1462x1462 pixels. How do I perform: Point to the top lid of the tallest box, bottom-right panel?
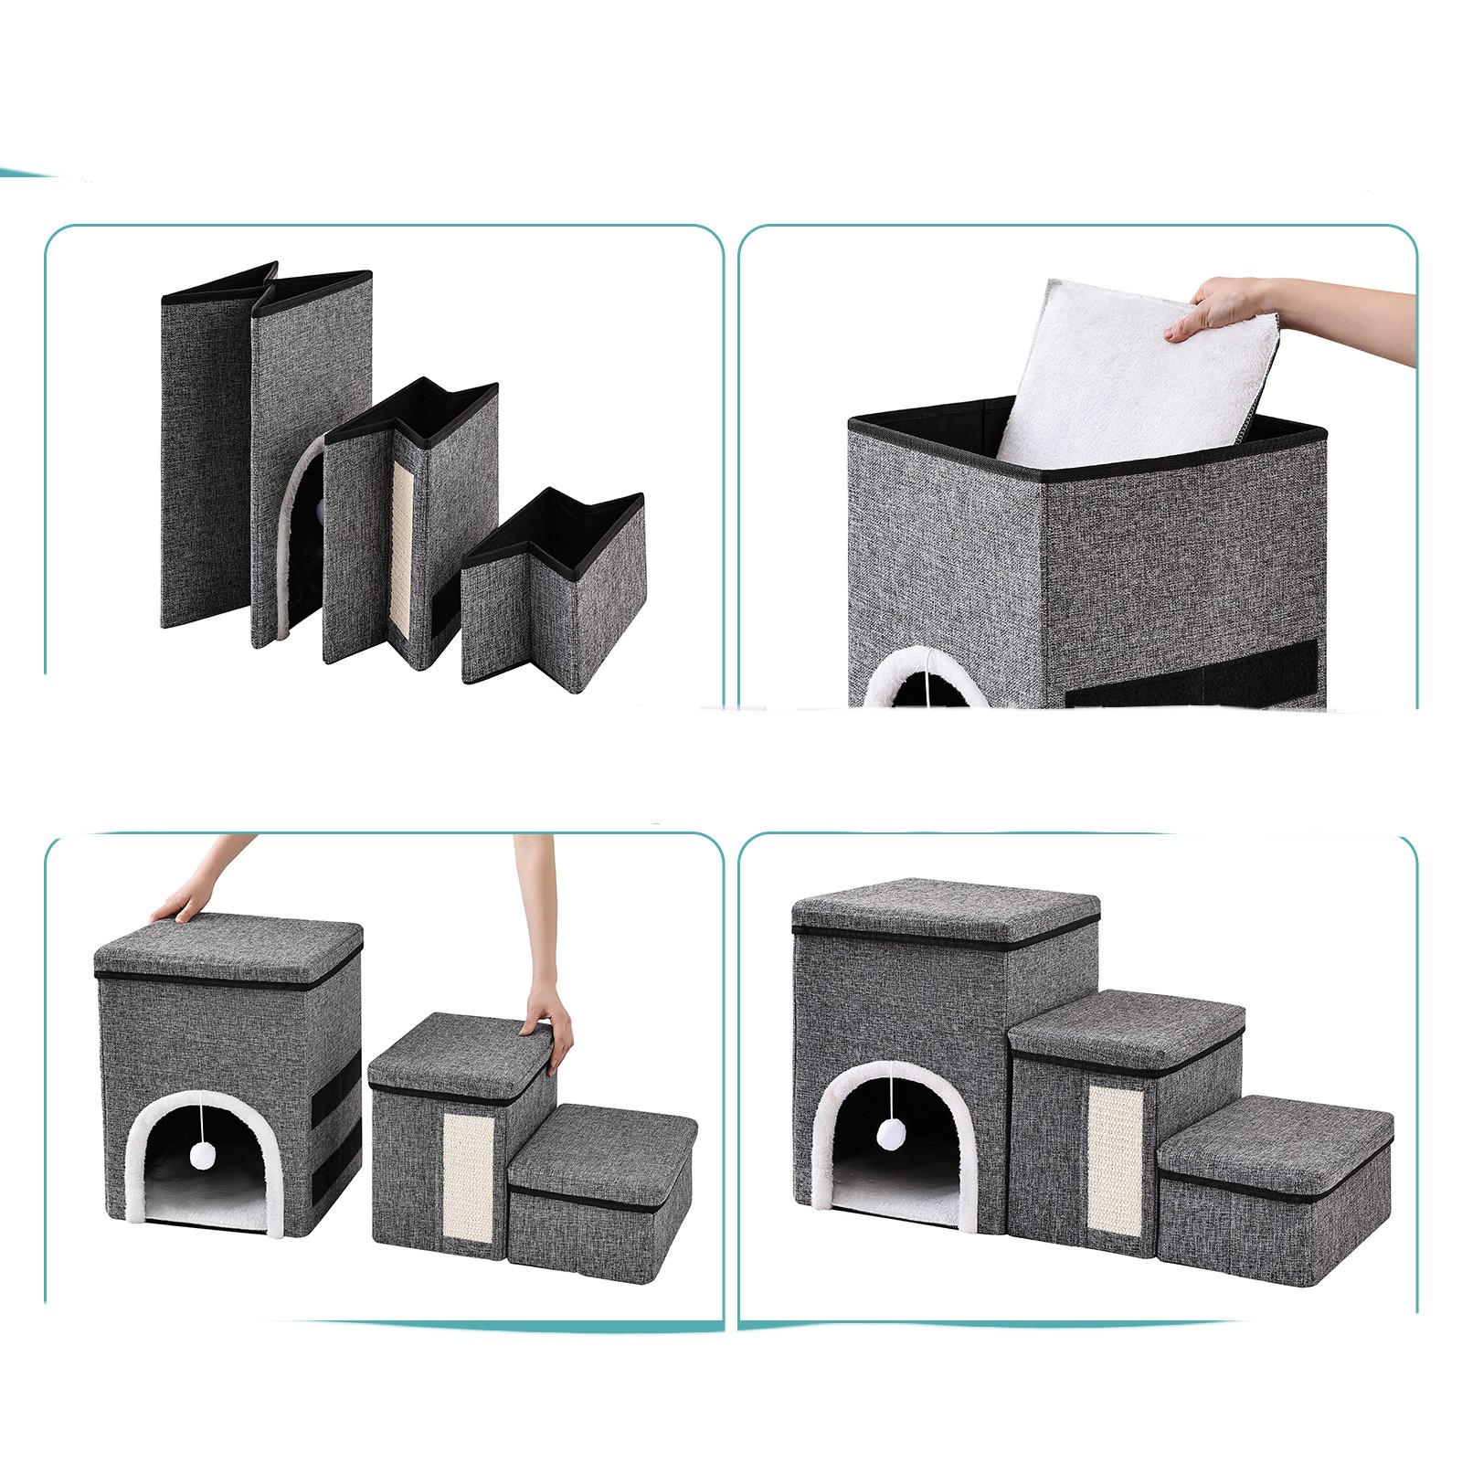pos(946,909)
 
